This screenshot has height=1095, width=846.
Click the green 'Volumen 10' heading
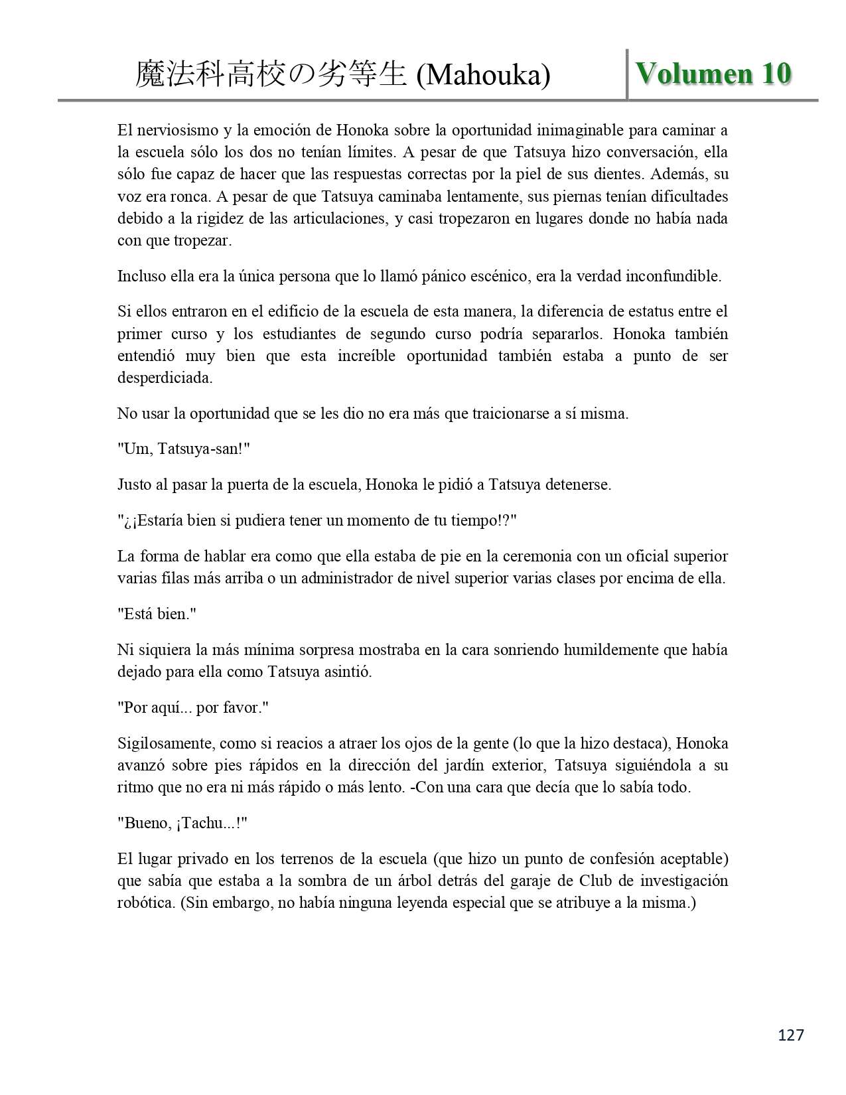[x=713, y=74]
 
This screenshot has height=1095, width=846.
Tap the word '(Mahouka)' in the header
[x=484, y=76]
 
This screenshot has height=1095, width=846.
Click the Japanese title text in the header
[x=271, y=75]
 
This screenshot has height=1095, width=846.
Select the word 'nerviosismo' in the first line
[x=172, y=130]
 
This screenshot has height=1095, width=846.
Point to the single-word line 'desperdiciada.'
[x=165, y=378]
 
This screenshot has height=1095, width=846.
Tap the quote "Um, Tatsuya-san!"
[x=183, y=449]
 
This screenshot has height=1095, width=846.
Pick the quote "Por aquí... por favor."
[x=192, y=707]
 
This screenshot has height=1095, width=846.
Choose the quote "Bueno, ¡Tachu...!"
[x=182, y=823]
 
